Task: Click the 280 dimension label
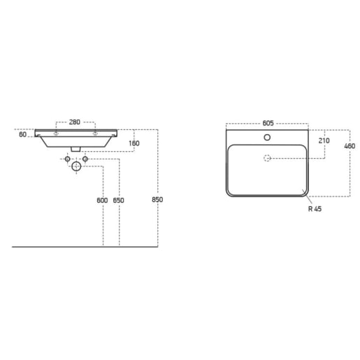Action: coord(75,120)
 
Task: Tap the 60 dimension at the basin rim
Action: coord(23,135)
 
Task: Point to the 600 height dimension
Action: coord(103,200)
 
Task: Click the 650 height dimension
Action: coord(119,200)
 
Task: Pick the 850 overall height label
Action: coord(157,200)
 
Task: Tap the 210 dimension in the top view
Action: coord(324,141)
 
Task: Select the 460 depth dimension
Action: coord(350,147)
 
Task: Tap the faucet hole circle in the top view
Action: coord(266,137)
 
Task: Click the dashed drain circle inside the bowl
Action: coord(266,159)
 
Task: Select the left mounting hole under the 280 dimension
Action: coord(56,132)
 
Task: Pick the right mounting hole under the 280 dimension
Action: coord(94,132)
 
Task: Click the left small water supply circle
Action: coord(68,159)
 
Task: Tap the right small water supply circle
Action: coord(85,159)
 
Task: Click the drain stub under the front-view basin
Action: coord(75,149)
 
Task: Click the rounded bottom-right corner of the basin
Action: coord(303,192)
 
